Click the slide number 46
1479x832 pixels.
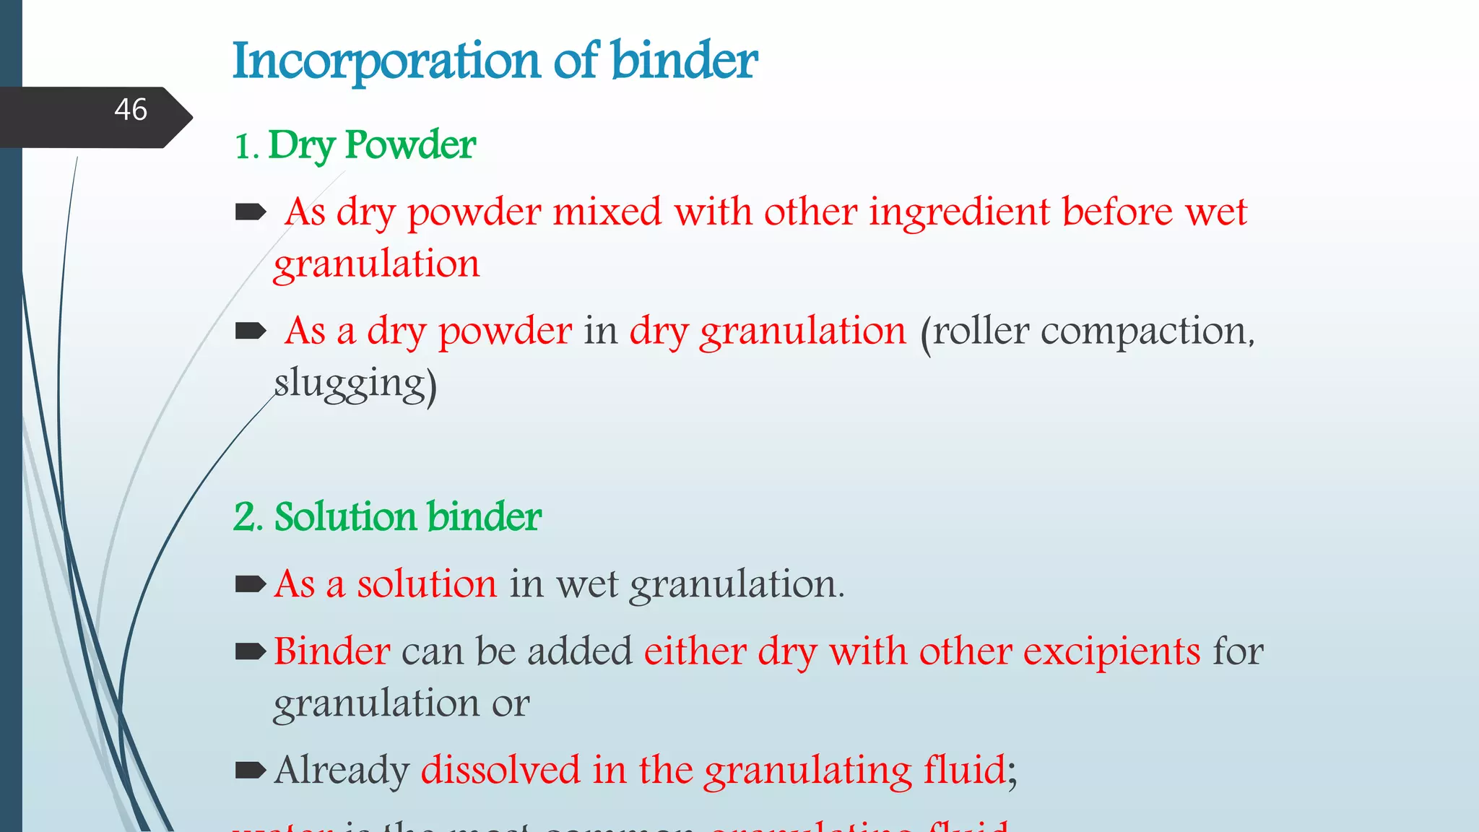pos(131,110)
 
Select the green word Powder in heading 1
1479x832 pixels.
pos(410,144)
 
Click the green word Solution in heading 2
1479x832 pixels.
pos(346,517)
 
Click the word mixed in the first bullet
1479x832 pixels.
pos(607,212)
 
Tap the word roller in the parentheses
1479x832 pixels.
pos(981,331)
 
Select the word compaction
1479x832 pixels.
pos(1148,331)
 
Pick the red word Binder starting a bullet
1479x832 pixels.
pos(332,651)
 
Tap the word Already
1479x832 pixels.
pos(342,771)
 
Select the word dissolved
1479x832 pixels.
pos(500,770)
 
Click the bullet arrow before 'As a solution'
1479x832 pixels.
pos(251,584)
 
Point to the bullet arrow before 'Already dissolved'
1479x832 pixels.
pos(251,771)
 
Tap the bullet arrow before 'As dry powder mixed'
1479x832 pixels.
pos(251,212)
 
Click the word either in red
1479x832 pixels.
pos(695,651)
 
